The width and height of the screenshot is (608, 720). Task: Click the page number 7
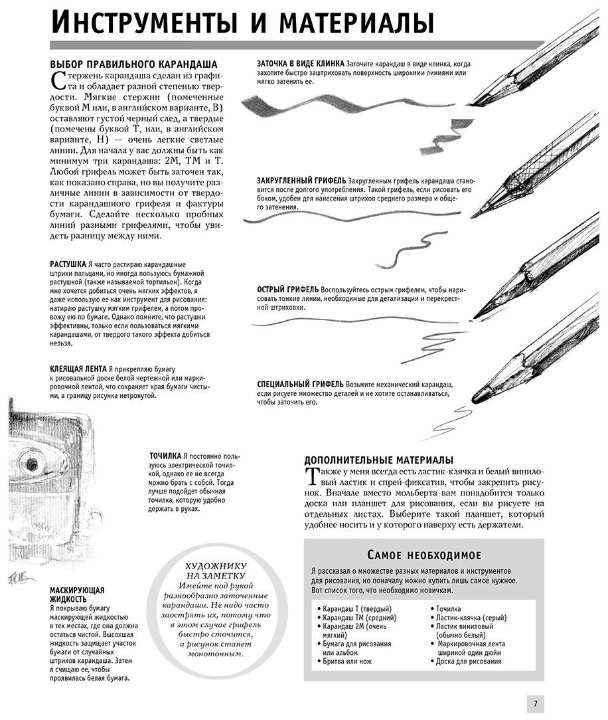[x=536, y=703]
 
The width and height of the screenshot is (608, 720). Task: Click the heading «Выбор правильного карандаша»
[x=133, y=64]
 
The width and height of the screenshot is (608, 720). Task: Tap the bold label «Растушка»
[x=68, y=264]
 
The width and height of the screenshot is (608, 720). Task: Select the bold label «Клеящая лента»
[x=78, y=369]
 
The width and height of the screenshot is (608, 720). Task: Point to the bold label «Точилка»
[x=165, y=456]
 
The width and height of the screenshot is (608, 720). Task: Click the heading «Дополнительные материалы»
[x=378, y=460]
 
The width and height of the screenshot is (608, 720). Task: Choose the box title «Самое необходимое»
[x=424, y=555]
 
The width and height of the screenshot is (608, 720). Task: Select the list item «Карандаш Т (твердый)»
[x=354, y=609]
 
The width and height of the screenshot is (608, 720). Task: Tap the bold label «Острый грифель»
[x=287, y=290]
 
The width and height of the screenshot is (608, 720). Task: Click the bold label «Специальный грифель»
[x=300, y=385]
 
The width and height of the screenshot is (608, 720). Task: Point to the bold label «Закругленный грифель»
[x=301, y=181]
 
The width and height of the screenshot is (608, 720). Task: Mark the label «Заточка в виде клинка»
[x=301, y=64]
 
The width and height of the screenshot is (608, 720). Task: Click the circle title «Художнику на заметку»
[x=216, y=571]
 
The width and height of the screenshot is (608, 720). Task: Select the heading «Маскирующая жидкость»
[x=77, y=594]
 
